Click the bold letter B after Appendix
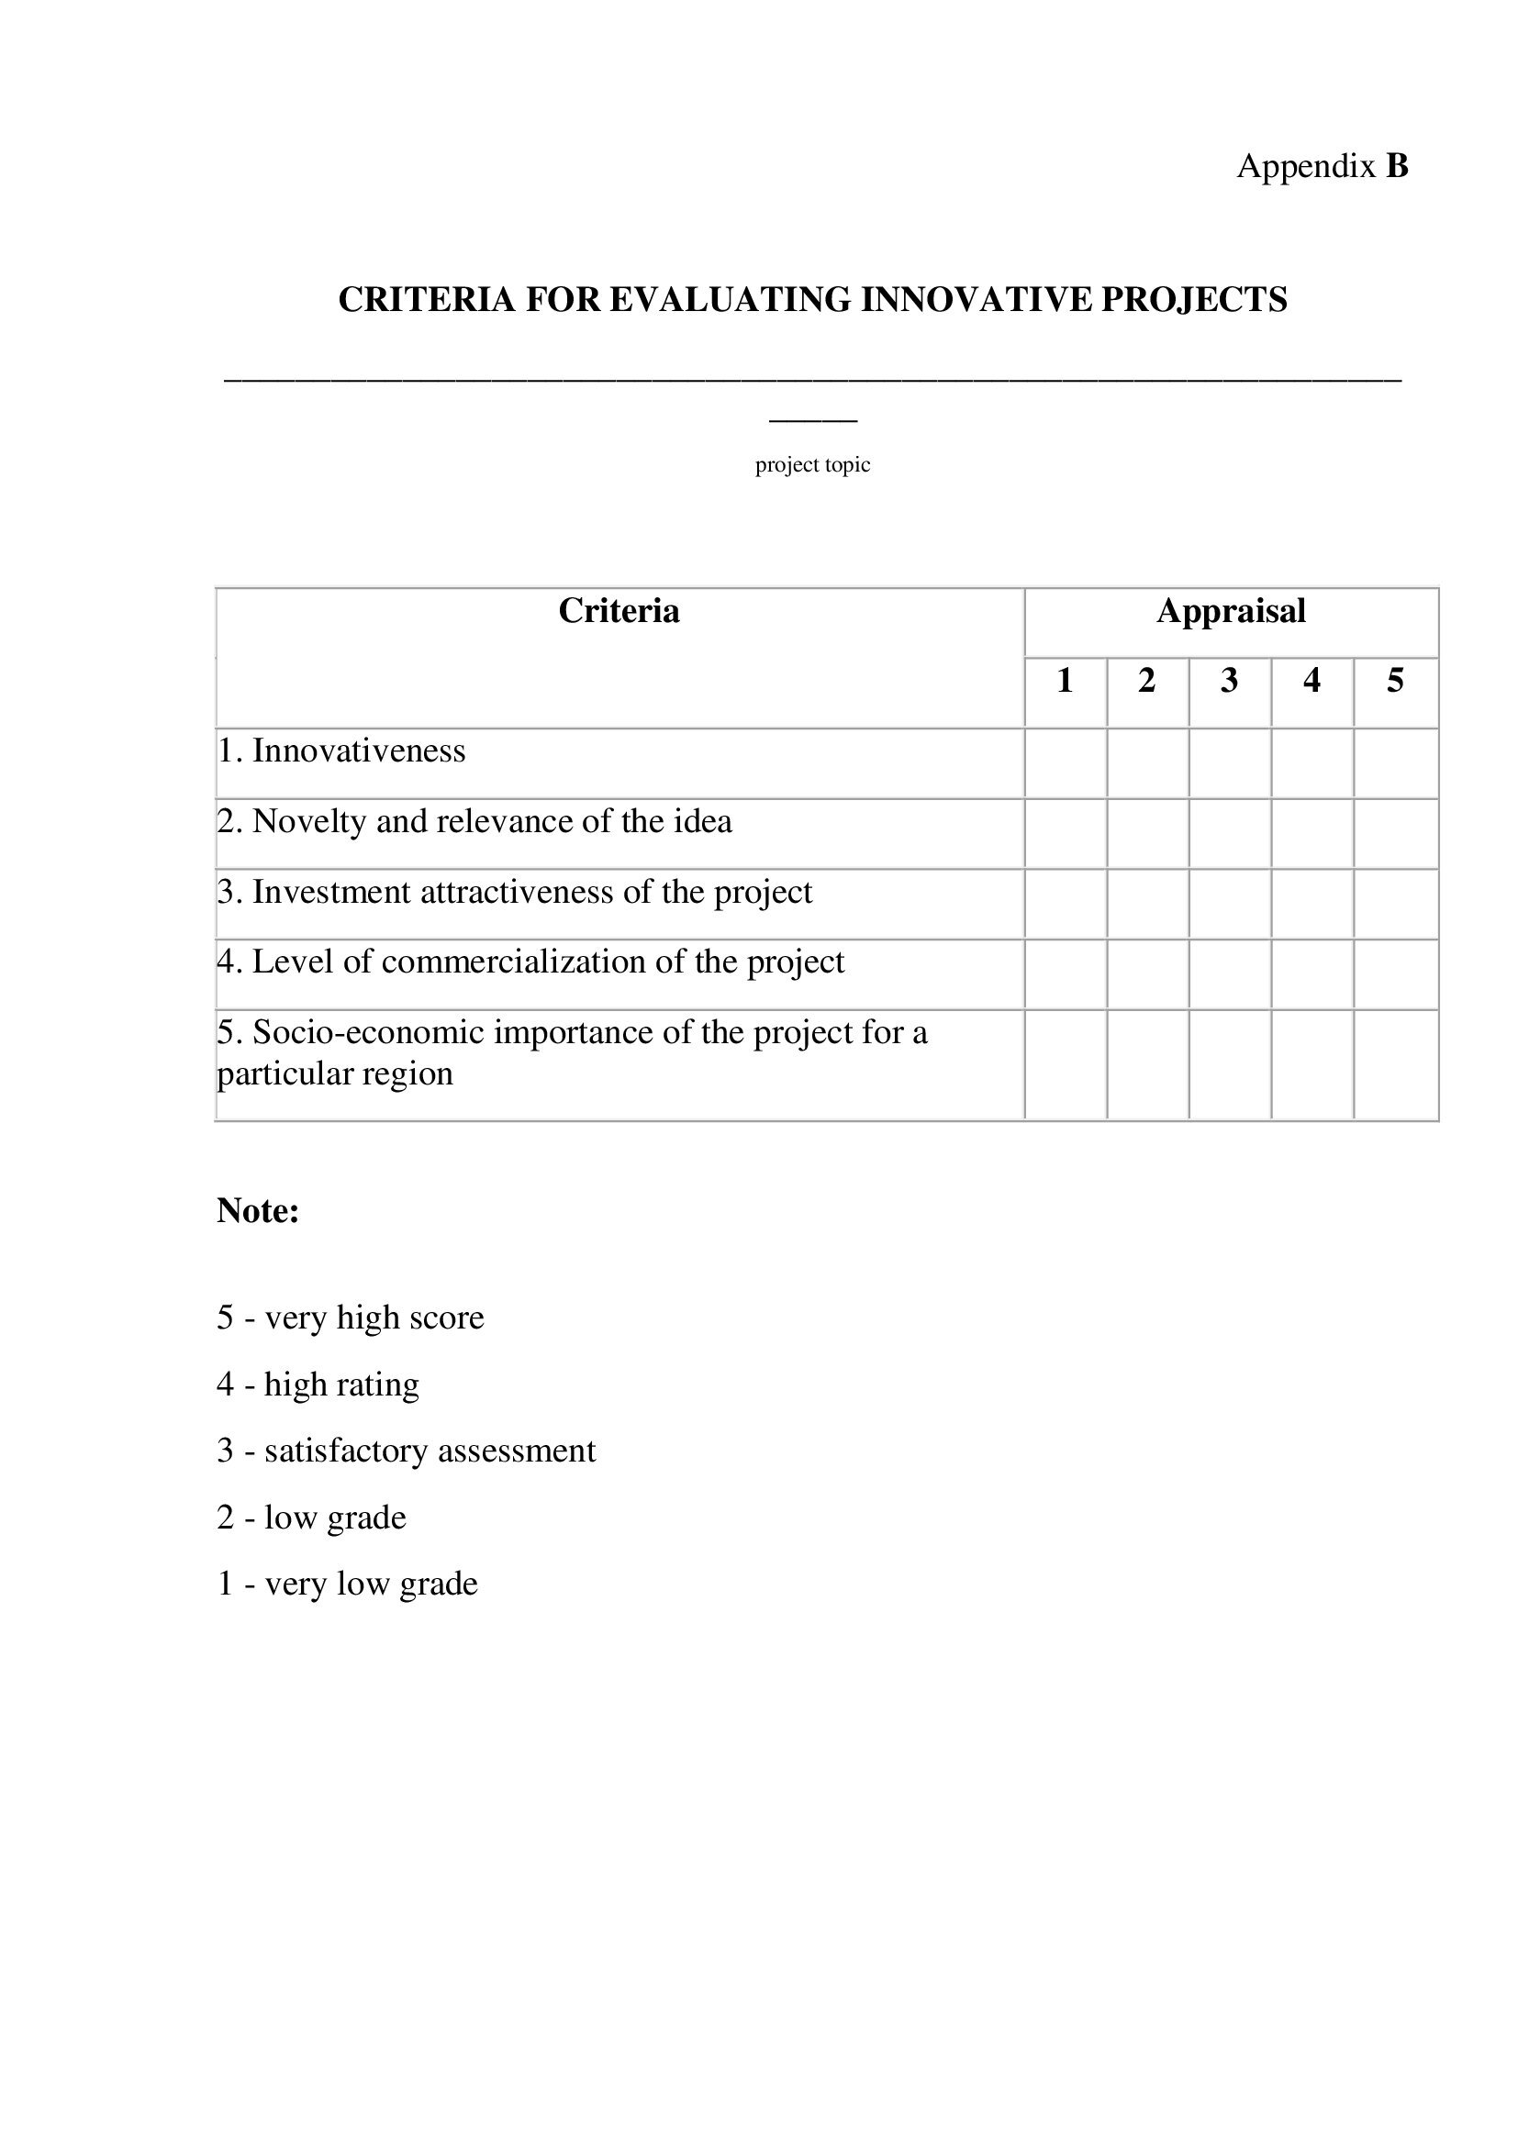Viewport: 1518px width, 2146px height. pyautogui.click(x=1397, y=166)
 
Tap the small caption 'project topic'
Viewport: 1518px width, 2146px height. pyautogui.click(x=812, y=464)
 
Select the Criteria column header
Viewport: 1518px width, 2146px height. pyautogui.click(x=619, y=611)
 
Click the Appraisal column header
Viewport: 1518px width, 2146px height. pyautogui.click(x=1230, y=611)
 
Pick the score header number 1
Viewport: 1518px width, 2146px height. pyautogui.click(x=1065, y=681)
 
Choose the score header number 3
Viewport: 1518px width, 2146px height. pyautogui.click(x=1229, y=681)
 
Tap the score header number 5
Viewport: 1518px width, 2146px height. pyautogui.click(x=1395, y=681)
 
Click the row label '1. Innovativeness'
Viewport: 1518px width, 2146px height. pyautogui.click(x=342, y=751)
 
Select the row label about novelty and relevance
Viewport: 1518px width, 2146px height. pyautogui.click(x=474, y=820)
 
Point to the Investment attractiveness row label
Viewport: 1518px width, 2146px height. pyautogui.click(x=515, y=892)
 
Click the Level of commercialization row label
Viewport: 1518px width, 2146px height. pyautogui.click(x=530, y=962)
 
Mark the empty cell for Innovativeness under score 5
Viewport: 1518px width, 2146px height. pyautogui.click(x=1396, y=763)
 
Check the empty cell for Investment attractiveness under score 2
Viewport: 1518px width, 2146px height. pyautogui.click(x=1148, y=904)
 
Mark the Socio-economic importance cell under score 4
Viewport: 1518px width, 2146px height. pyautogui.click(x=1312, y=1063)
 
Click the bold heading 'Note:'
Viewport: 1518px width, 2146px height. pyautogui.click(x=258, y=1210)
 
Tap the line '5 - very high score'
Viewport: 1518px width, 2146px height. pyautogui.click(x=351, y=1317)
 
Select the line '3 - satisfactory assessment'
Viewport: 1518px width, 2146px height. pyautogui.click(x=406, y=1450)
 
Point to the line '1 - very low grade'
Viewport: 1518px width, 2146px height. pyautogui.click(x=347, y=1583)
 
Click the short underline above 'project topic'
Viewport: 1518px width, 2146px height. pyautogui.click(x=812, y=420)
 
